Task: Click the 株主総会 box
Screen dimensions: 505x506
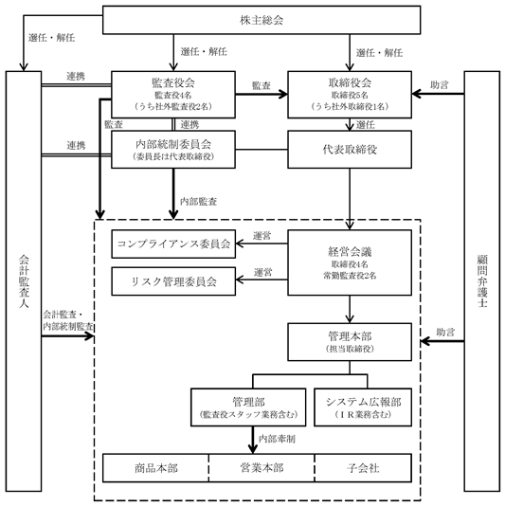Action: (262, 20)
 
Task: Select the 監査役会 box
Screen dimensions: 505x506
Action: (173, 95)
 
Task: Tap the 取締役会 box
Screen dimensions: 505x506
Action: (350, 95)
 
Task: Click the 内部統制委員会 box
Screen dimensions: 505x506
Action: (173, 150)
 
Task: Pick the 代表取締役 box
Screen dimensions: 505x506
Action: (350, 150)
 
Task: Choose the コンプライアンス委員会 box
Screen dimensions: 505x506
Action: (173, 244)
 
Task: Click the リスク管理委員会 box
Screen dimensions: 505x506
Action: (173, 281)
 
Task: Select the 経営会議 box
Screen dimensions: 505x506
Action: (350, 262)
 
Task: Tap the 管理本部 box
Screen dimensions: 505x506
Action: (350, 342)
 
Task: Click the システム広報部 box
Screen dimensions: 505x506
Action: (363, 407)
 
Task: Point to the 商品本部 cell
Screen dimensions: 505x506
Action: (155, 468)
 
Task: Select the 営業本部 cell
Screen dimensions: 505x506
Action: (262, 468)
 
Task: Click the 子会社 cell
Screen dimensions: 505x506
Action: (363, 468)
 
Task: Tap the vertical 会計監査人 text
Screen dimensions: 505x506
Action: (24, 281)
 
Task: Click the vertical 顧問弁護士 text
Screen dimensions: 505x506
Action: (482, 281)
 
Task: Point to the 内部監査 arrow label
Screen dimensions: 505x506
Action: (198, 202)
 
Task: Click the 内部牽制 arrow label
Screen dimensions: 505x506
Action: (277, 439)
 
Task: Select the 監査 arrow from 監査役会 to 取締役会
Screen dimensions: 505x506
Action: (262, 94)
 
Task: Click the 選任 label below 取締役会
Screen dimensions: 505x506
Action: (366, 124)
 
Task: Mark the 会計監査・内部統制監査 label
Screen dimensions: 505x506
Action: (68, 320)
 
